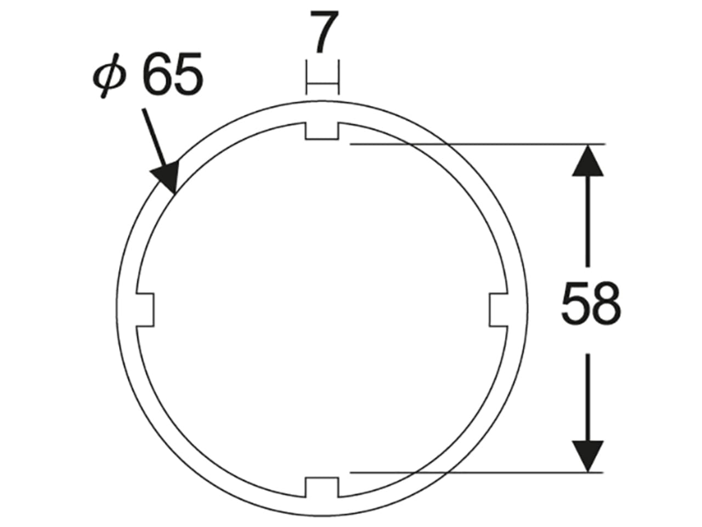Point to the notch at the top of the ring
pyautogui.click(x=322, y=131)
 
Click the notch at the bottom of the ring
pyautogui.click(x=322, y=486)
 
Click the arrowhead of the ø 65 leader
pyautogui.click(x=168, y=178)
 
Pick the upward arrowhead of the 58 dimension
pyautogui.click(x=588, y=160)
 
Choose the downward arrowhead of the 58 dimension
pyautogui.click(x=588, y=456)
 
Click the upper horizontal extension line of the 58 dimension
pyautogui.click(x=477, y=144)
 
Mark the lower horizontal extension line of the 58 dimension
pyautogui.click(x=477, y=472)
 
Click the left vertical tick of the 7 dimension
pyautogui.click(x=306, y=77)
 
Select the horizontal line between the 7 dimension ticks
pyautogui.click(x=322, y=83)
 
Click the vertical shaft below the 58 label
pyautogui.click(x=588, y=395)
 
